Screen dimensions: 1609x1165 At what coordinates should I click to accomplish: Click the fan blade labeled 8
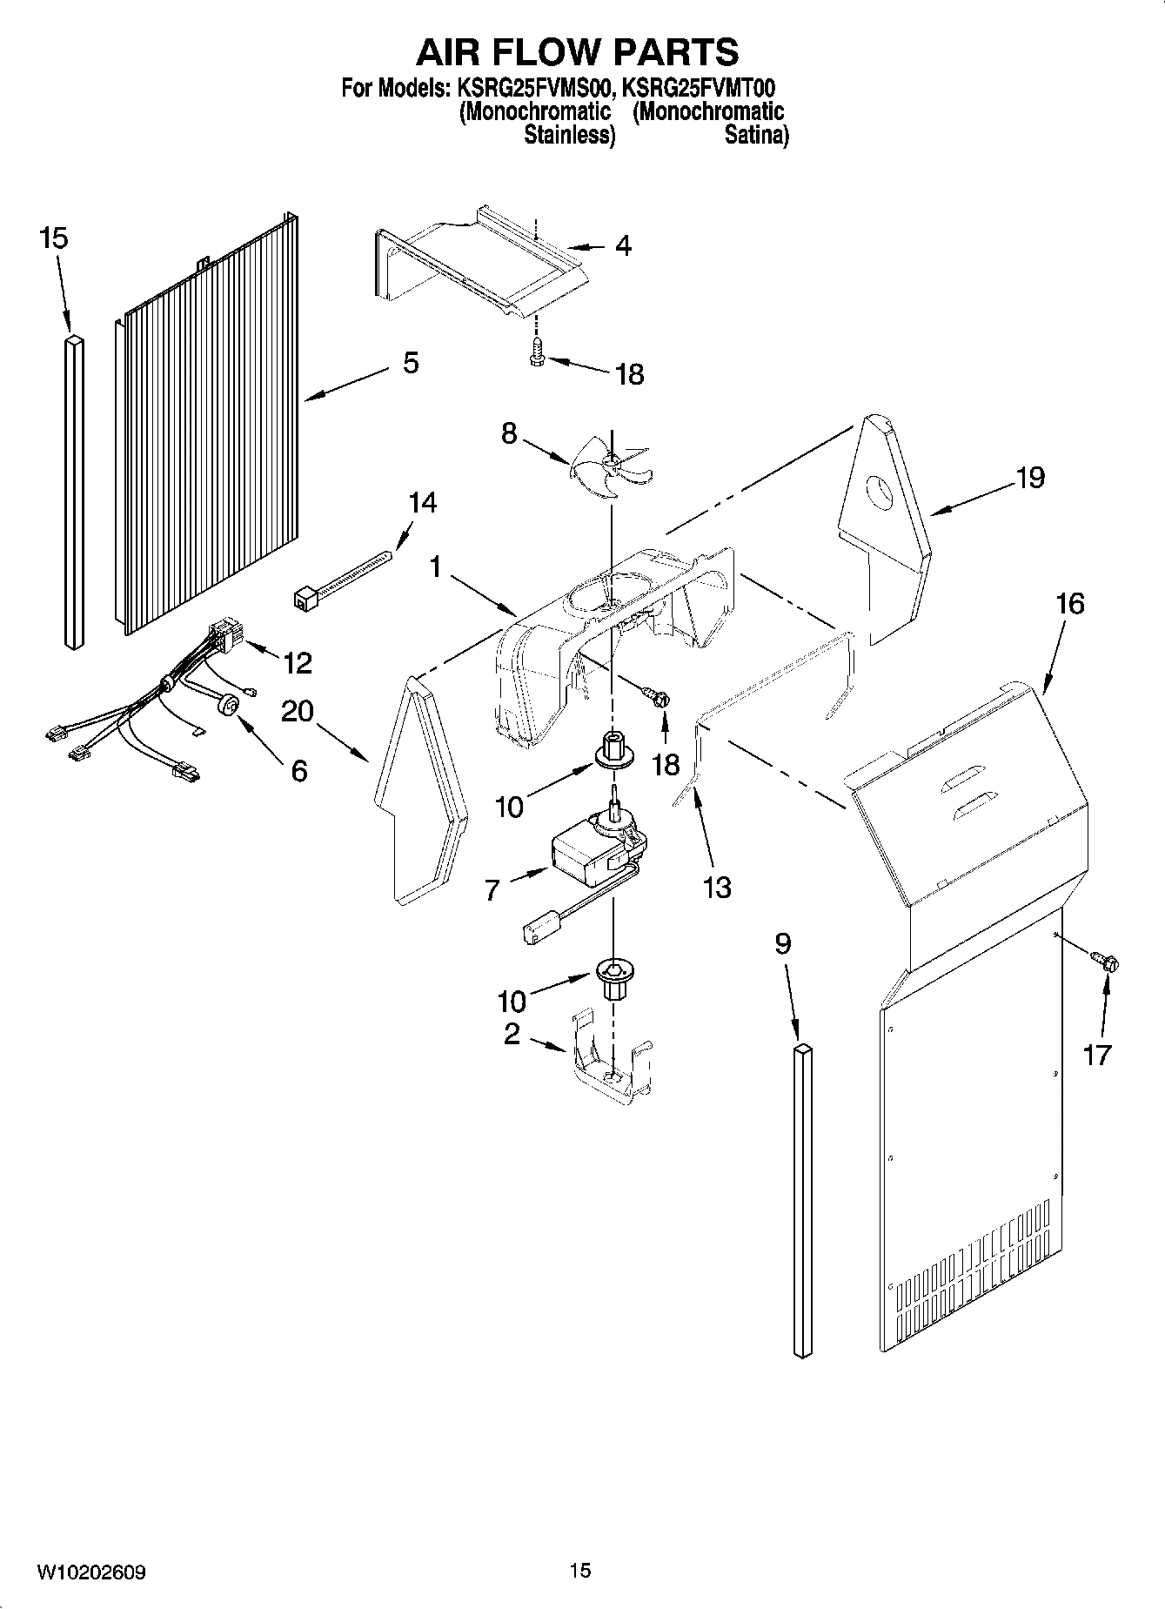pyautogui.click(x=610, y=468)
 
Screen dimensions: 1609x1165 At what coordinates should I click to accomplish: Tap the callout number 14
pyautogui.click(x=422, y=503)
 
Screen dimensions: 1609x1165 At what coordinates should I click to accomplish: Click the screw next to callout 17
pyautogui.click(x=1107, y=962)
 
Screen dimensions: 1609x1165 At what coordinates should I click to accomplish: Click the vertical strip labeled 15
pyautogui.click(x=74, y=493)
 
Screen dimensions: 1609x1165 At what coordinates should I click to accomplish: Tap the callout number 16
pyautogui.click(x=1070, y=603)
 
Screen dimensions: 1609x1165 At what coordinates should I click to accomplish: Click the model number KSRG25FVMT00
pyautogui.click(x=699, y=89)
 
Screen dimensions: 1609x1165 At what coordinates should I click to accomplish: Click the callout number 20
pyautogui.click(x=297, y=712)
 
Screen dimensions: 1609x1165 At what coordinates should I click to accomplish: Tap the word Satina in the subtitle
pyautogui.click(x=755, y=135)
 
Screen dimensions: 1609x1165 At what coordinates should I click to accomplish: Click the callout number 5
pyautogui.click(x=411, y=363)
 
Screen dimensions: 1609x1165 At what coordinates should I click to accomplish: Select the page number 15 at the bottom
pyautogui.click(x=580, y=1570)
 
